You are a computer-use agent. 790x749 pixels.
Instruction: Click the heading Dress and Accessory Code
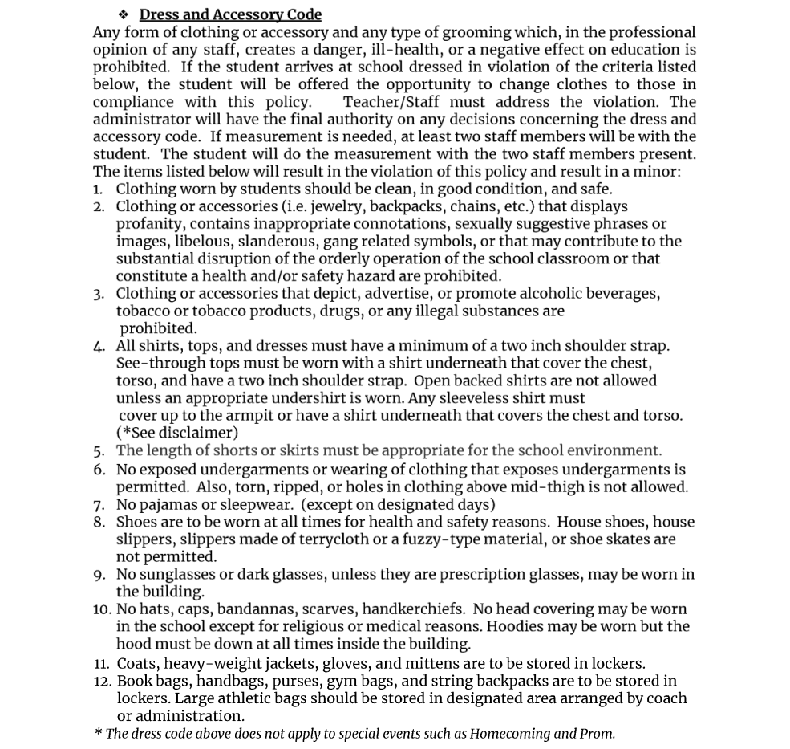click(229, 14)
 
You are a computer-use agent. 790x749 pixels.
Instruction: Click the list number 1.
click(97, 189)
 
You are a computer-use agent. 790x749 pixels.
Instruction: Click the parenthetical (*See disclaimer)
click(177, 433)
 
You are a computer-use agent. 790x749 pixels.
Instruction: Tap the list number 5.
click(98, 451)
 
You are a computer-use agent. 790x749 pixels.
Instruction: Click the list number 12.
click(102, 681)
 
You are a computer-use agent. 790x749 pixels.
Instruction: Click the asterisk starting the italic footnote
click(98, 731)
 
